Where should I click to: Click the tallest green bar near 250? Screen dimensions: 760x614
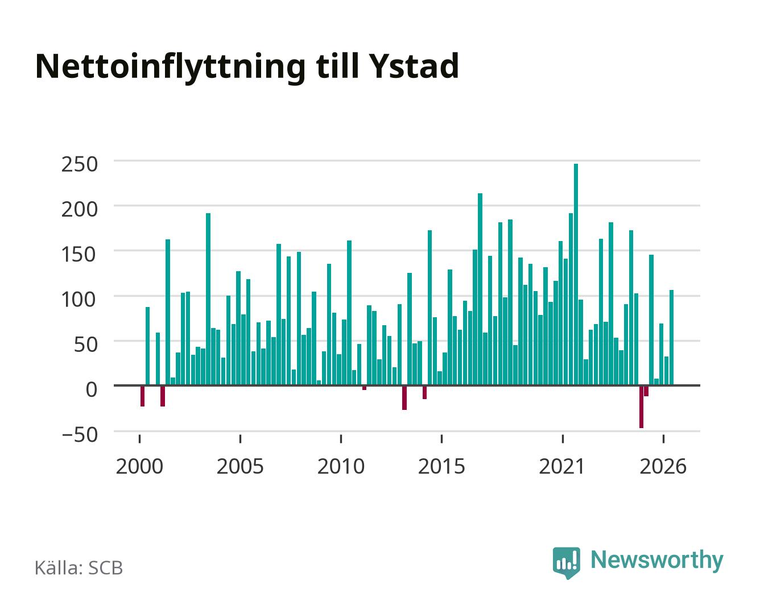click(576, 274)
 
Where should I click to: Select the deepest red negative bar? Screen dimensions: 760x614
click(641, 407)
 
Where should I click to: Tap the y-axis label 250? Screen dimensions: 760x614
click(80, 164)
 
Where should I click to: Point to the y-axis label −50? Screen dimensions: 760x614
click(80, 435)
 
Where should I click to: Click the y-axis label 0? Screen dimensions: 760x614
click(92, 389)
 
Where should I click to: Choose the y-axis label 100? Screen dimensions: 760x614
click(79, 300)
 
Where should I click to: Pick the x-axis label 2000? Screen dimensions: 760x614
click(139, 466)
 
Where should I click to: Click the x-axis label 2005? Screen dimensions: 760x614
click(240, 466)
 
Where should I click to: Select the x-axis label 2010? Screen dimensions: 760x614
click(341, 466)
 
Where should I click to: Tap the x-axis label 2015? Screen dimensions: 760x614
click(442, 466)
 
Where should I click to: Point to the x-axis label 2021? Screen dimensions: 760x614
click(562, 466)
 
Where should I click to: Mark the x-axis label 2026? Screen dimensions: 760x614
click(663, 466)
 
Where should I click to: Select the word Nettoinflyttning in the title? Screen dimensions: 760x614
click(171, 68)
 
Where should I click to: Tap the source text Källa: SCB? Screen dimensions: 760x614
click(79, 567)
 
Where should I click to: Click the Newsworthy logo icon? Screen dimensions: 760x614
click(566, 563)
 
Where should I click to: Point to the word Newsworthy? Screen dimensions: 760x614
click(657, 561)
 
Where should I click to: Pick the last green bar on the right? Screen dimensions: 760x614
click(671, 337)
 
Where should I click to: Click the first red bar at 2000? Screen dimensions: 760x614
click(142, 396)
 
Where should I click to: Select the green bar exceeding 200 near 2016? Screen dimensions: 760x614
click(480, 289)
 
